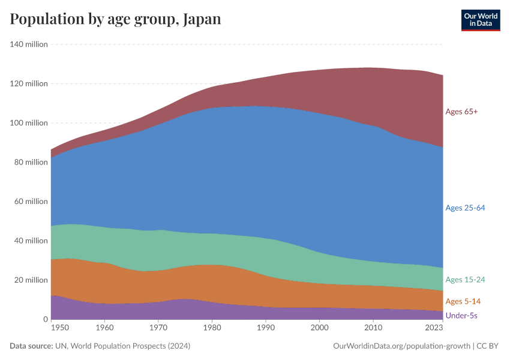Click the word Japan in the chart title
tap(202, 19)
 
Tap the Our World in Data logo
tap(481, 20)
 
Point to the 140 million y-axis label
tap(29, 44)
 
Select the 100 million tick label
tap(29, 123)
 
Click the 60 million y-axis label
tap(31, 202)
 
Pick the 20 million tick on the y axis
tap(31, 280)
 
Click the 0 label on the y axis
tap(46, 319)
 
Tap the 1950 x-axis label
tap(60, 328)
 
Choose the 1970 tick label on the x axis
tap(158, 328)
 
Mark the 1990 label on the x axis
tap(266, 328)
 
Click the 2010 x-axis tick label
tap(373, 328)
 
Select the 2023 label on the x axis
tap(434, 328)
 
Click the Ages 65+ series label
tap(461, 112)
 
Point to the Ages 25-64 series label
tap(465, 208)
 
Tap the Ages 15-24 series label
tap(465, 280)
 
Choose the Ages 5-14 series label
tap(463, 301)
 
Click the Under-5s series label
tap(461, 316)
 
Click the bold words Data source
tap(31, 346)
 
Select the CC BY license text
tap(487, 346)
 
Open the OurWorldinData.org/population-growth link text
tap(401, 346)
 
